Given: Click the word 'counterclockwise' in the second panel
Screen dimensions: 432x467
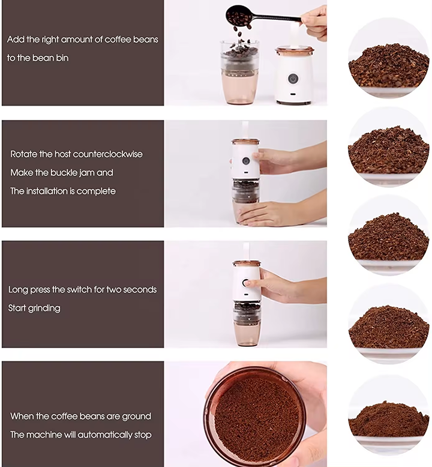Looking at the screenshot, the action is [x=107, y=154].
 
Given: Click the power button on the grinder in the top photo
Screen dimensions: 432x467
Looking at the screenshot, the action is [x=293, y=79].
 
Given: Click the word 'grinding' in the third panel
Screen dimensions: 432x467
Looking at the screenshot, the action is [x=44, y=309].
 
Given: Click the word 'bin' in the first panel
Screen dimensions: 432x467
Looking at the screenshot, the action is [x=62, y=58].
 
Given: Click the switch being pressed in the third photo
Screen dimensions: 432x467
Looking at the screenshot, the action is [x=246, y=283].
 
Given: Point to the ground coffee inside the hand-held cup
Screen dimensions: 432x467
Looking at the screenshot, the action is [x=256, y=420].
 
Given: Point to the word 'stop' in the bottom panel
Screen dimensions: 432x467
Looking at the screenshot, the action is [x=143, y=435].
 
